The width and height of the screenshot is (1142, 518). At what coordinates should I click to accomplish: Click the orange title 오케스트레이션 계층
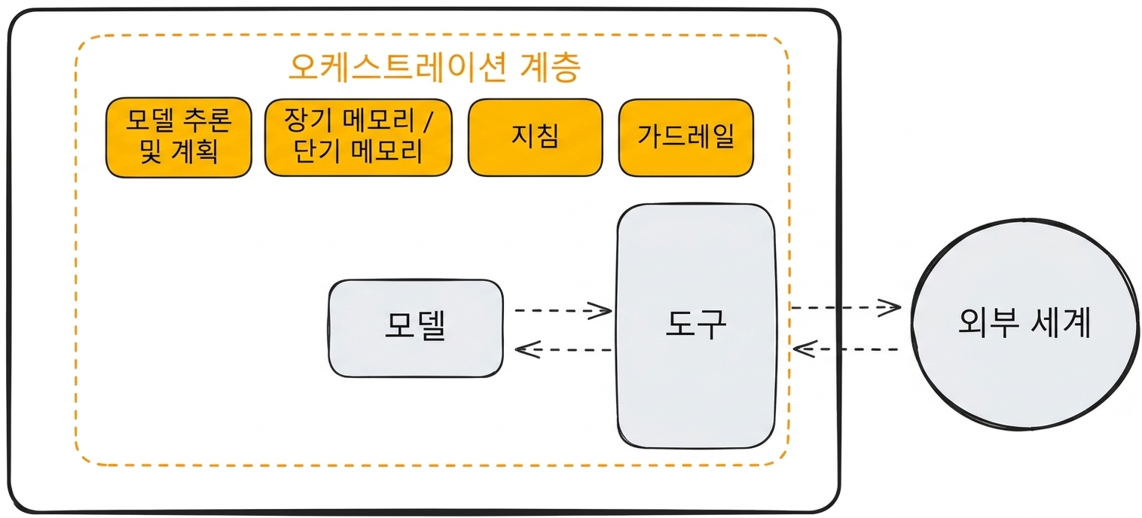click(x=435, y=67)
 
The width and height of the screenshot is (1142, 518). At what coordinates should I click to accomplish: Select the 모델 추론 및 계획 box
click(x=179, y=138)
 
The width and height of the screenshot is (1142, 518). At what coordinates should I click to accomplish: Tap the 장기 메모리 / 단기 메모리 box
click(x=359, y=138)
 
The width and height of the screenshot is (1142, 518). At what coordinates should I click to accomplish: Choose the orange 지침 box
click(x=536, y=138)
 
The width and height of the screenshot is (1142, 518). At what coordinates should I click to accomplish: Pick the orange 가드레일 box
click(x=686, y=138)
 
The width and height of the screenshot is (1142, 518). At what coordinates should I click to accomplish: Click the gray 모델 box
click(x=416, y=328)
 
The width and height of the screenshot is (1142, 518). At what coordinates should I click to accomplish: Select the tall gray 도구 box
click(x=696, y=326)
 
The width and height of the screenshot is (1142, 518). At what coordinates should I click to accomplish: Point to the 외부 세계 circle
click(x=1025, y=325)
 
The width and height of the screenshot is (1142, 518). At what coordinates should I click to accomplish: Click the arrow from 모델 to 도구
click(x=563, y=310)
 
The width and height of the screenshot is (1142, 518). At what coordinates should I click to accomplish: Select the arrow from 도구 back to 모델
click(x=563, y=350)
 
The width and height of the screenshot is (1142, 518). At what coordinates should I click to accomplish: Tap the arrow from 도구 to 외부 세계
click(x=846, y=308)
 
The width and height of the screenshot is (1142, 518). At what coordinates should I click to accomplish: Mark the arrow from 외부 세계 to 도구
click(x=846, y=349)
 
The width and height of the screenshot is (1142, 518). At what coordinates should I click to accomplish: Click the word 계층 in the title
click(x=551, y=67)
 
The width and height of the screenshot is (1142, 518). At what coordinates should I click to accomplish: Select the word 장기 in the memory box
click(x=305, y=120)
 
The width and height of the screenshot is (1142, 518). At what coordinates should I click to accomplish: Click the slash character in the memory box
click(x=427, y=120)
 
